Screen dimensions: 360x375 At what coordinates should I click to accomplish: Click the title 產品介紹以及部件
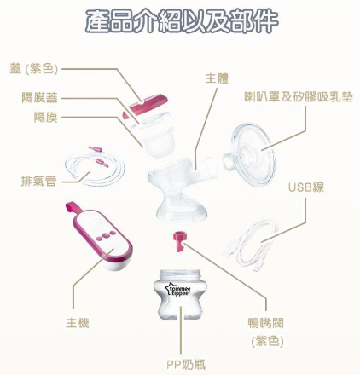point(182,21)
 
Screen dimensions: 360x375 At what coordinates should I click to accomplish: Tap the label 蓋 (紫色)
point(34,69)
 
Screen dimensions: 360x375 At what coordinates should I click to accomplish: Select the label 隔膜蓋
point(40,97)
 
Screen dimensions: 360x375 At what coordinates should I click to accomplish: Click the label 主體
point(217,78)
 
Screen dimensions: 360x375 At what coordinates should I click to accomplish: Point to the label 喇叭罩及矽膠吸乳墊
point(299,97)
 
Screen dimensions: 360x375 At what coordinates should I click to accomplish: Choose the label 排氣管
point(39,181)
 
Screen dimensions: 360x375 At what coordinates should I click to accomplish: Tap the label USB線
point(306,187)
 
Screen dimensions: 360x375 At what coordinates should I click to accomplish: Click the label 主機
point(78,323)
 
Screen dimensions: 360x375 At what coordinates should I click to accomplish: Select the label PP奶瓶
point(186,365)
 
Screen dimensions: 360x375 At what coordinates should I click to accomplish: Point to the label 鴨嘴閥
point(265,323)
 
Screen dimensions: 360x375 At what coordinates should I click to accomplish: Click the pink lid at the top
point(148,104)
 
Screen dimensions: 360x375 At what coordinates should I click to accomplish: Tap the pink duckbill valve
point(179,241)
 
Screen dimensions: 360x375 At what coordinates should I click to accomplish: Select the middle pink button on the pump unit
point(106,235)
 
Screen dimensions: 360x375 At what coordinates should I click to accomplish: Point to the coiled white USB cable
point(251,245)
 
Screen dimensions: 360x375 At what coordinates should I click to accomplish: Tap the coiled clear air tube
point(95,168)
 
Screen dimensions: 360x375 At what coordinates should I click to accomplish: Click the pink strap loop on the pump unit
point(73,207)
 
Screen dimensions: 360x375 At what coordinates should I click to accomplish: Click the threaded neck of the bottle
point(180,274)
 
